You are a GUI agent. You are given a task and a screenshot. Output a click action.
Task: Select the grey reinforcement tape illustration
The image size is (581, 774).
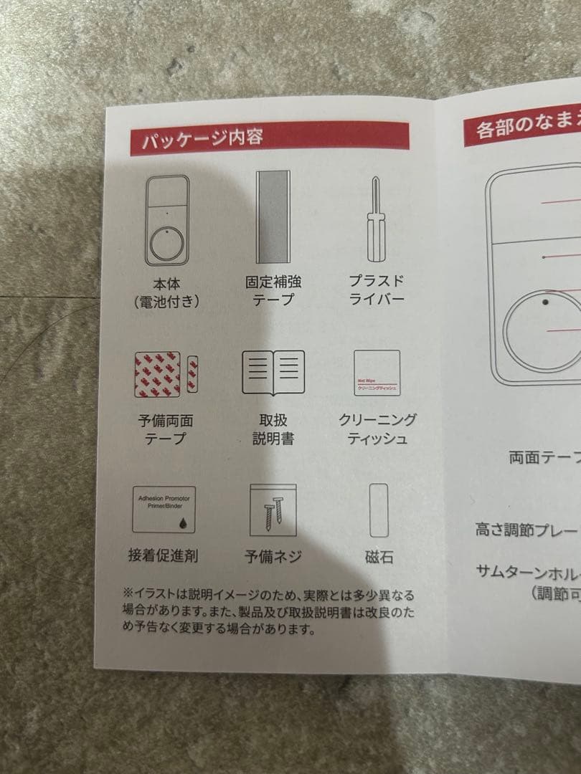pos(273,217)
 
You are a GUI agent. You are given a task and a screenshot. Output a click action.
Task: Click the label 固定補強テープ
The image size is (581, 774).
pos(273,291)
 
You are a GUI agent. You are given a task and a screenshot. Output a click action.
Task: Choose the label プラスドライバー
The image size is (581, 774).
pos(377,290)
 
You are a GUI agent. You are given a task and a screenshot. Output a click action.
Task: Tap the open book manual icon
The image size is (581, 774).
pos(273,371)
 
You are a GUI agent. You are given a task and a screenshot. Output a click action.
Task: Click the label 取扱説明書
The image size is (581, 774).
pos(273,429)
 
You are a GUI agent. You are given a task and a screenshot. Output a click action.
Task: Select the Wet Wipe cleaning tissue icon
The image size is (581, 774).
pos(377,373)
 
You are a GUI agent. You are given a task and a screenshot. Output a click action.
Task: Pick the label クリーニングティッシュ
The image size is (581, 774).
pos(377,429)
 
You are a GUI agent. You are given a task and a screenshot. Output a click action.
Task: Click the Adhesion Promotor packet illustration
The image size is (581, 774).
pos(164,508)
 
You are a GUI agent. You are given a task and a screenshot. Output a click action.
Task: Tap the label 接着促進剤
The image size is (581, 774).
pos(164,555)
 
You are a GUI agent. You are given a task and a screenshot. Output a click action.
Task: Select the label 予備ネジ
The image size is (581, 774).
pos(273,556)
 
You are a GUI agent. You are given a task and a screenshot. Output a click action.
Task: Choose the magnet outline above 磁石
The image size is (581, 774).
pos(378,510)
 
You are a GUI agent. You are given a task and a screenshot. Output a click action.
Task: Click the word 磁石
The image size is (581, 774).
pos(378,557)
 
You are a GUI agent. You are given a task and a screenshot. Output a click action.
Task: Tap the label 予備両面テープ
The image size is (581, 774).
pos(165,429)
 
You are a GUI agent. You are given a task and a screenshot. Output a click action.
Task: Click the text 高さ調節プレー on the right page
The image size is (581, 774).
pos(526,531)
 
